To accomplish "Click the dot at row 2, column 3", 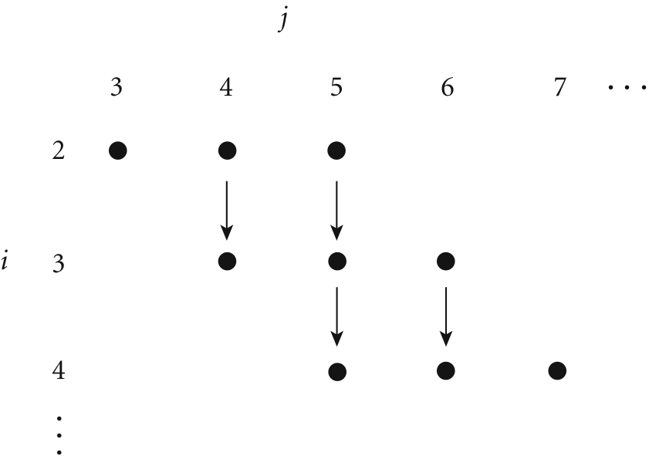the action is click(118, 150).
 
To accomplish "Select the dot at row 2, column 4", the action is click(227, 150).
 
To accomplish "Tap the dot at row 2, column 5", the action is click(336, 150).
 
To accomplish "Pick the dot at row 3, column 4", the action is click(227, 261).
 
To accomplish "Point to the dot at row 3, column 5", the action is click(337, 261).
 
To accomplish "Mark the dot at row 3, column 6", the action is click(446, 261).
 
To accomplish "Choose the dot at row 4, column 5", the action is click(337, 372).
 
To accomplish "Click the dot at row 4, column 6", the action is click(446, 371).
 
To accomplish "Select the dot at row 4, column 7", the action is click(557, 371).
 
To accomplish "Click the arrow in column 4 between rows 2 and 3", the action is click(226, 211).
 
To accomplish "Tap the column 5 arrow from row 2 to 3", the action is click(336, 211).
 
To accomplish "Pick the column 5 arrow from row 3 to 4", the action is click(337, 316).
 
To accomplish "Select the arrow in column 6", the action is click(446, 316).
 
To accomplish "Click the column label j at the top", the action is click(283, 19).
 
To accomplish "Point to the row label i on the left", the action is click(5, 262).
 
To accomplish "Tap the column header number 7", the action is click(559, 88).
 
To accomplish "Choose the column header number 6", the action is click(448, 88).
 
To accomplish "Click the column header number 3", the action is click(117, 88).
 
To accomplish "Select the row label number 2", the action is click(59, 150).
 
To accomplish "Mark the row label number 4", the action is click(59, 370).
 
